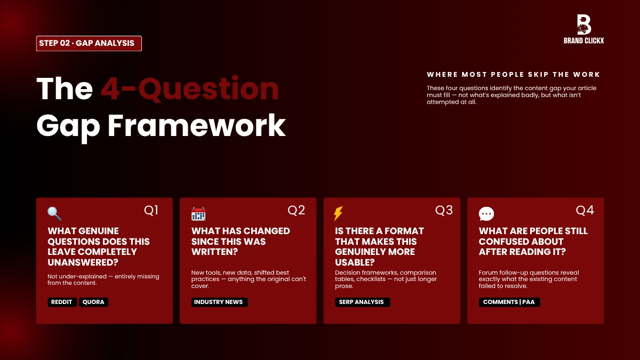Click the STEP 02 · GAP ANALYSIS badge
pos(89,43)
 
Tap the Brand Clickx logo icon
pos(584,25)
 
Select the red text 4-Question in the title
pos(190,89)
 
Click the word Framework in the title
pos(197,126)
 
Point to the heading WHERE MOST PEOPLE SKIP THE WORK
pos(514,75)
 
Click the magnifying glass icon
pos(54,214)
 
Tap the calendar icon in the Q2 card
pos(198,214)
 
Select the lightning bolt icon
pos(338,214)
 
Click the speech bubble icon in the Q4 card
pos(486,214)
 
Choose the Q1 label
pos(151,211)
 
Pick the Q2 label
pos(296,211)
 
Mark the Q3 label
pos(444,211)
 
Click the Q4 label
pos(585,211)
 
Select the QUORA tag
pos(94,302)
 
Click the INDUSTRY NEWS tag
pos(219,302)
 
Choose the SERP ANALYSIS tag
pos(362,302)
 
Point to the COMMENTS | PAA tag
pos(509,302)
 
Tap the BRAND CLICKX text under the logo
pos(584,41)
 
